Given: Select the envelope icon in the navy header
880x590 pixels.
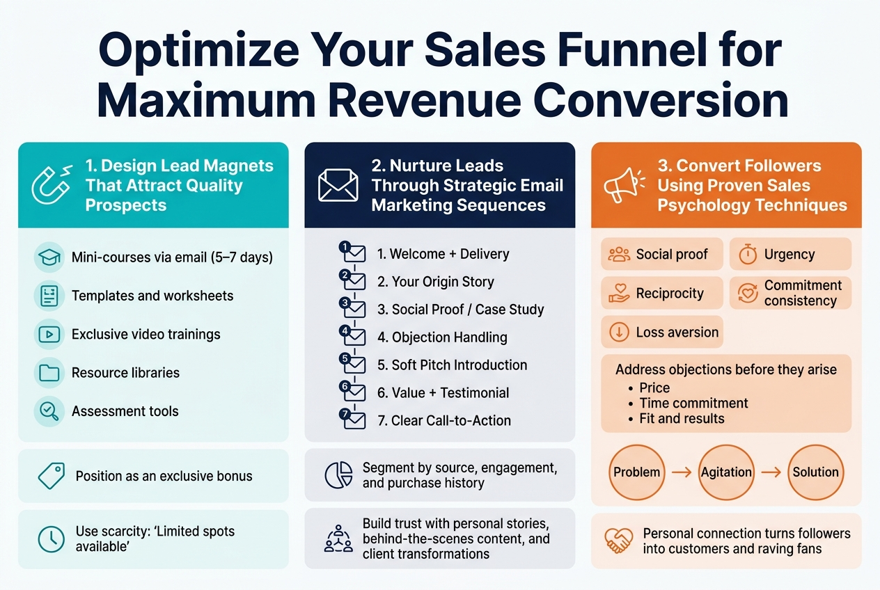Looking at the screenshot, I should pos(338,185).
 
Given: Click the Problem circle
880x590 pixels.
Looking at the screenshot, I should pos(636,472).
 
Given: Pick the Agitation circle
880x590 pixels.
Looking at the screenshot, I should pos(726,472).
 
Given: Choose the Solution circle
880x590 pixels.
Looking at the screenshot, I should pos(815,472).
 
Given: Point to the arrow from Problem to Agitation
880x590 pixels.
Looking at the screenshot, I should pos(682,472).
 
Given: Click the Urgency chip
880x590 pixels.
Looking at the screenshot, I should pos(790,255).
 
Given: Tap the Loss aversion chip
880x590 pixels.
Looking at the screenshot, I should pos(662,333).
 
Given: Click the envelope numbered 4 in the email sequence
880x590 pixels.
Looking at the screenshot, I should pos(354,337).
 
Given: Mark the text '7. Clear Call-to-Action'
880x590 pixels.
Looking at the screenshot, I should pos(443,420).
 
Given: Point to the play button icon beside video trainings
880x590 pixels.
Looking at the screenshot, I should pos(49,335).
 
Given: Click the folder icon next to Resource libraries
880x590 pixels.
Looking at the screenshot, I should pos(49,373).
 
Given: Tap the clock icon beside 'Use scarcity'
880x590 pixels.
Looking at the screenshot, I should pos(49,539).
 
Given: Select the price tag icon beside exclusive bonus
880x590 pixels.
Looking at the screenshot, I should pos(51,477).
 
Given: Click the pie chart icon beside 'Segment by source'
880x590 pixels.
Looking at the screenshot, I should pos(338,475).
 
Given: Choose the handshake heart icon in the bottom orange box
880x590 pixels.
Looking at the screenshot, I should pos(618,541).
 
